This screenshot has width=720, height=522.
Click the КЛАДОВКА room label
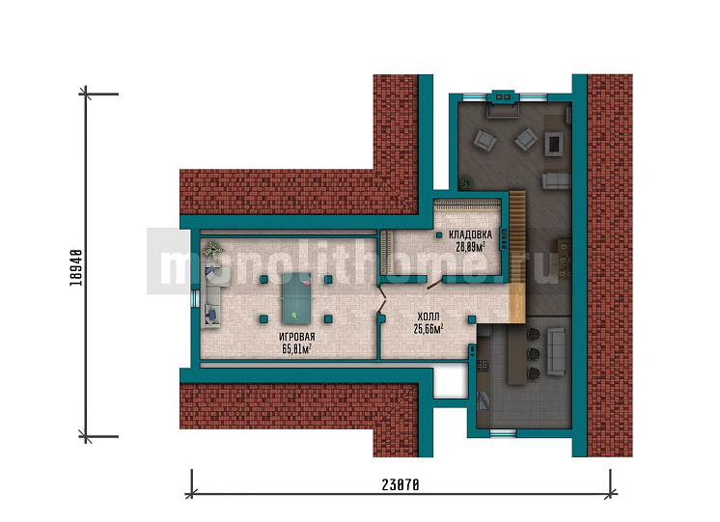tap(470, 234)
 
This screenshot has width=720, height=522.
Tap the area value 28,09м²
tap(471, 247)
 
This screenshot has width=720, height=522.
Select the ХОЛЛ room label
tap(429, 316)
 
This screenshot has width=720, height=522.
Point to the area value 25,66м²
tap(429, 329)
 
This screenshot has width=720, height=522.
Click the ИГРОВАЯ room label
tap(297, 338)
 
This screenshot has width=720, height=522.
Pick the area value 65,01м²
tap(297, 349)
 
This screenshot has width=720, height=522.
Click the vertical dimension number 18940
tap(76, 267)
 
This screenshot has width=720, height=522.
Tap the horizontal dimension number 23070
tap(401, 484)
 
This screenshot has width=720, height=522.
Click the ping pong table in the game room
tap(296, 299)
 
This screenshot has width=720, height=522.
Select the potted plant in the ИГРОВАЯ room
tap(212, 250)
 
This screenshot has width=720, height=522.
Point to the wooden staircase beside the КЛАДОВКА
tap(517, 257)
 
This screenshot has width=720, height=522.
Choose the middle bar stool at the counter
tap(534, 354)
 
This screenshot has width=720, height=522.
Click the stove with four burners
tap(483, 366)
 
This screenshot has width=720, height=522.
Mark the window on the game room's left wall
tap(195, 299)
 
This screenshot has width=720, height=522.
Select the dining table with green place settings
tap(565, 258)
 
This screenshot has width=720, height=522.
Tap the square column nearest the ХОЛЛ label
tap(472, 319)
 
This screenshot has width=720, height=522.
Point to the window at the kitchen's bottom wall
tap(503, 432)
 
